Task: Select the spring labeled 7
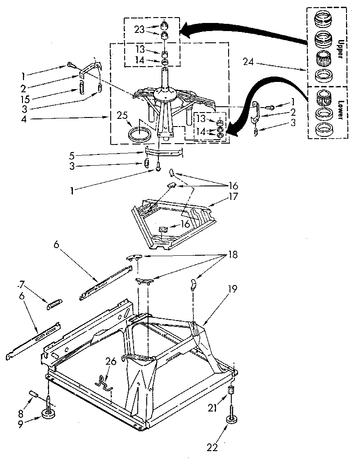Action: pyautogui.click(x=54, y=305)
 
